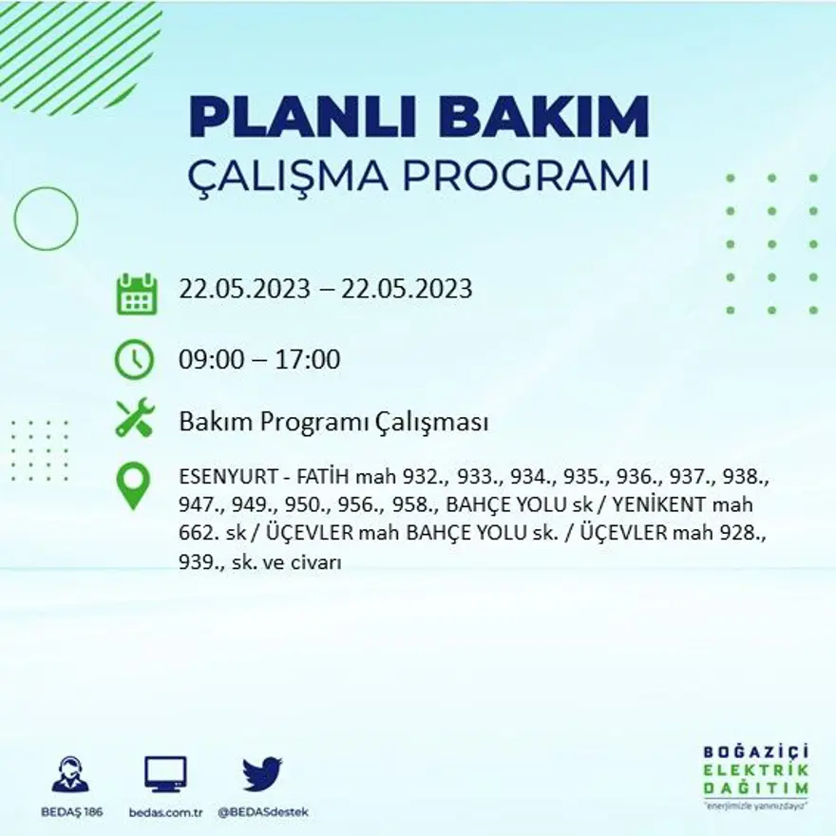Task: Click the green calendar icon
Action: tap(136, 294)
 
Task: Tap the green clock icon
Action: tap(134, 359)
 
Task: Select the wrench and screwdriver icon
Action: tap(134, 418)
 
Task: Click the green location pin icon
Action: tap(133, 484)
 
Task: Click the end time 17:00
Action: tap(308, 360)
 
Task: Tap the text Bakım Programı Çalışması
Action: tap(333, 422)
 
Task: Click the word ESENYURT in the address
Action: tap(219, 478)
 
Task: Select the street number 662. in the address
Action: tap(199, 535)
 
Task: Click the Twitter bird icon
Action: tap(261, 774)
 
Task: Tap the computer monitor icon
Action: tap(165, 774)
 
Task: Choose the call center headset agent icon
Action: tap(70, 774)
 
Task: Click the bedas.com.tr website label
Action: tap(165, 813)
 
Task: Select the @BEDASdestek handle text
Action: tap(263, 813)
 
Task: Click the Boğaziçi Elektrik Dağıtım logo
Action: tap(756, 774)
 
